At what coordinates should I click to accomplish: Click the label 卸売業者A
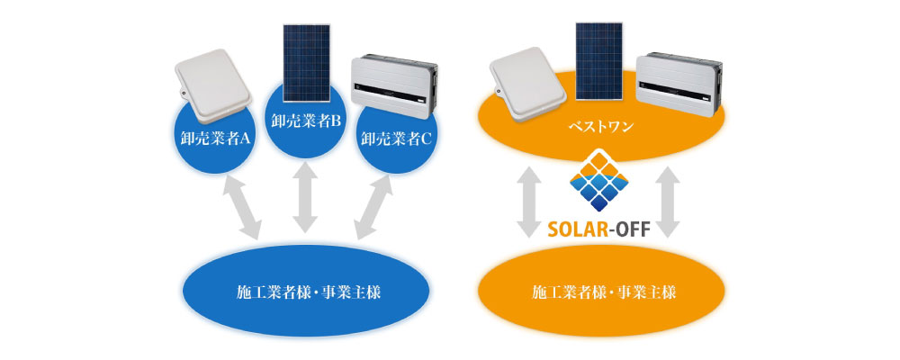click(x=213, y=139)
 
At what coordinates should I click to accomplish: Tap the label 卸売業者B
click(x=306, y=121)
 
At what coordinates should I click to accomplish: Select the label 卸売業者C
click(x=397, y=139)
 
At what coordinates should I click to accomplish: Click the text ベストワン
click(x=601, y=126)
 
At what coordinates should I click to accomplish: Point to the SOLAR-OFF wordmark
click(x=599, y=230)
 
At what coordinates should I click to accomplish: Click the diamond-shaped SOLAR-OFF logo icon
click(x=599, y=181)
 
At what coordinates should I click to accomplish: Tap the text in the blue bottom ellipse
click(x=308, y=292)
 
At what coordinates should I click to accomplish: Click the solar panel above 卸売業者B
click(x=307, y=63)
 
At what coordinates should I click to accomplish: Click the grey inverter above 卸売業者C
click(x=394, y=85)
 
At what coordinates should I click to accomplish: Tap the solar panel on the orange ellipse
click(x=598, y=61)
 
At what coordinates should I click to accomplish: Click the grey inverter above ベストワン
click(x=679, y=84)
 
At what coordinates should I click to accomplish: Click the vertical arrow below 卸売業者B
click(x=305, y=198)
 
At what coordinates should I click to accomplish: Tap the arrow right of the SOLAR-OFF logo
click(x=667, y=202)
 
